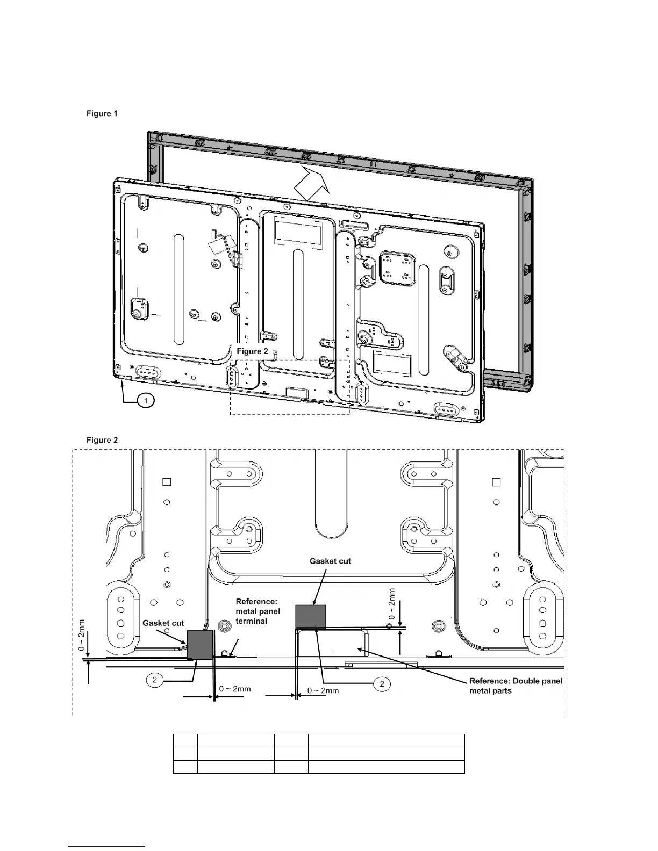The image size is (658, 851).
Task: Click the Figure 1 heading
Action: coord(102,113)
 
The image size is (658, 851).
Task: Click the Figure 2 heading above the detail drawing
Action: coord(102,440)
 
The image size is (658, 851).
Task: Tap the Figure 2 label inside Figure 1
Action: coord(253,351)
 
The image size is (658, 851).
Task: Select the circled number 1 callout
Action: coord(145,400)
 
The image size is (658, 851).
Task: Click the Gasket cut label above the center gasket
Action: coord(330,561)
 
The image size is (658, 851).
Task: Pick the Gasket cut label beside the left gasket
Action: coord(163,623)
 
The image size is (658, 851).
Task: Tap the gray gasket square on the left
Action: coord(201,645)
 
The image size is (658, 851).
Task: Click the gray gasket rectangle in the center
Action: coord(311,616)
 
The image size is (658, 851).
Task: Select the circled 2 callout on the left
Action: coord(155,680)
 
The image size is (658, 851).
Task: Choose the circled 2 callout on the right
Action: coord(382,684)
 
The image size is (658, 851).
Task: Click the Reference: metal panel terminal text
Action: coord(258,611)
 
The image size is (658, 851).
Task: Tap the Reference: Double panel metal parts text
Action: coord(516,686)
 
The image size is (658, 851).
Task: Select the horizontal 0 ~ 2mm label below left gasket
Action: coord(235,689)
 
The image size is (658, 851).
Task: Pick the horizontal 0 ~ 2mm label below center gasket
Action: coord(323,690)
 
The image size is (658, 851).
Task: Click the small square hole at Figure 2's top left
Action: coord(167,482)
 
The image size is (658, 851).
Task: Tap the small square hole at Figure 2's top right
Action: coord(496,482)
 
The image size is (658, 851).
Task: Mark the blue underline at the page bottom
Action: coord(107,846)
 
